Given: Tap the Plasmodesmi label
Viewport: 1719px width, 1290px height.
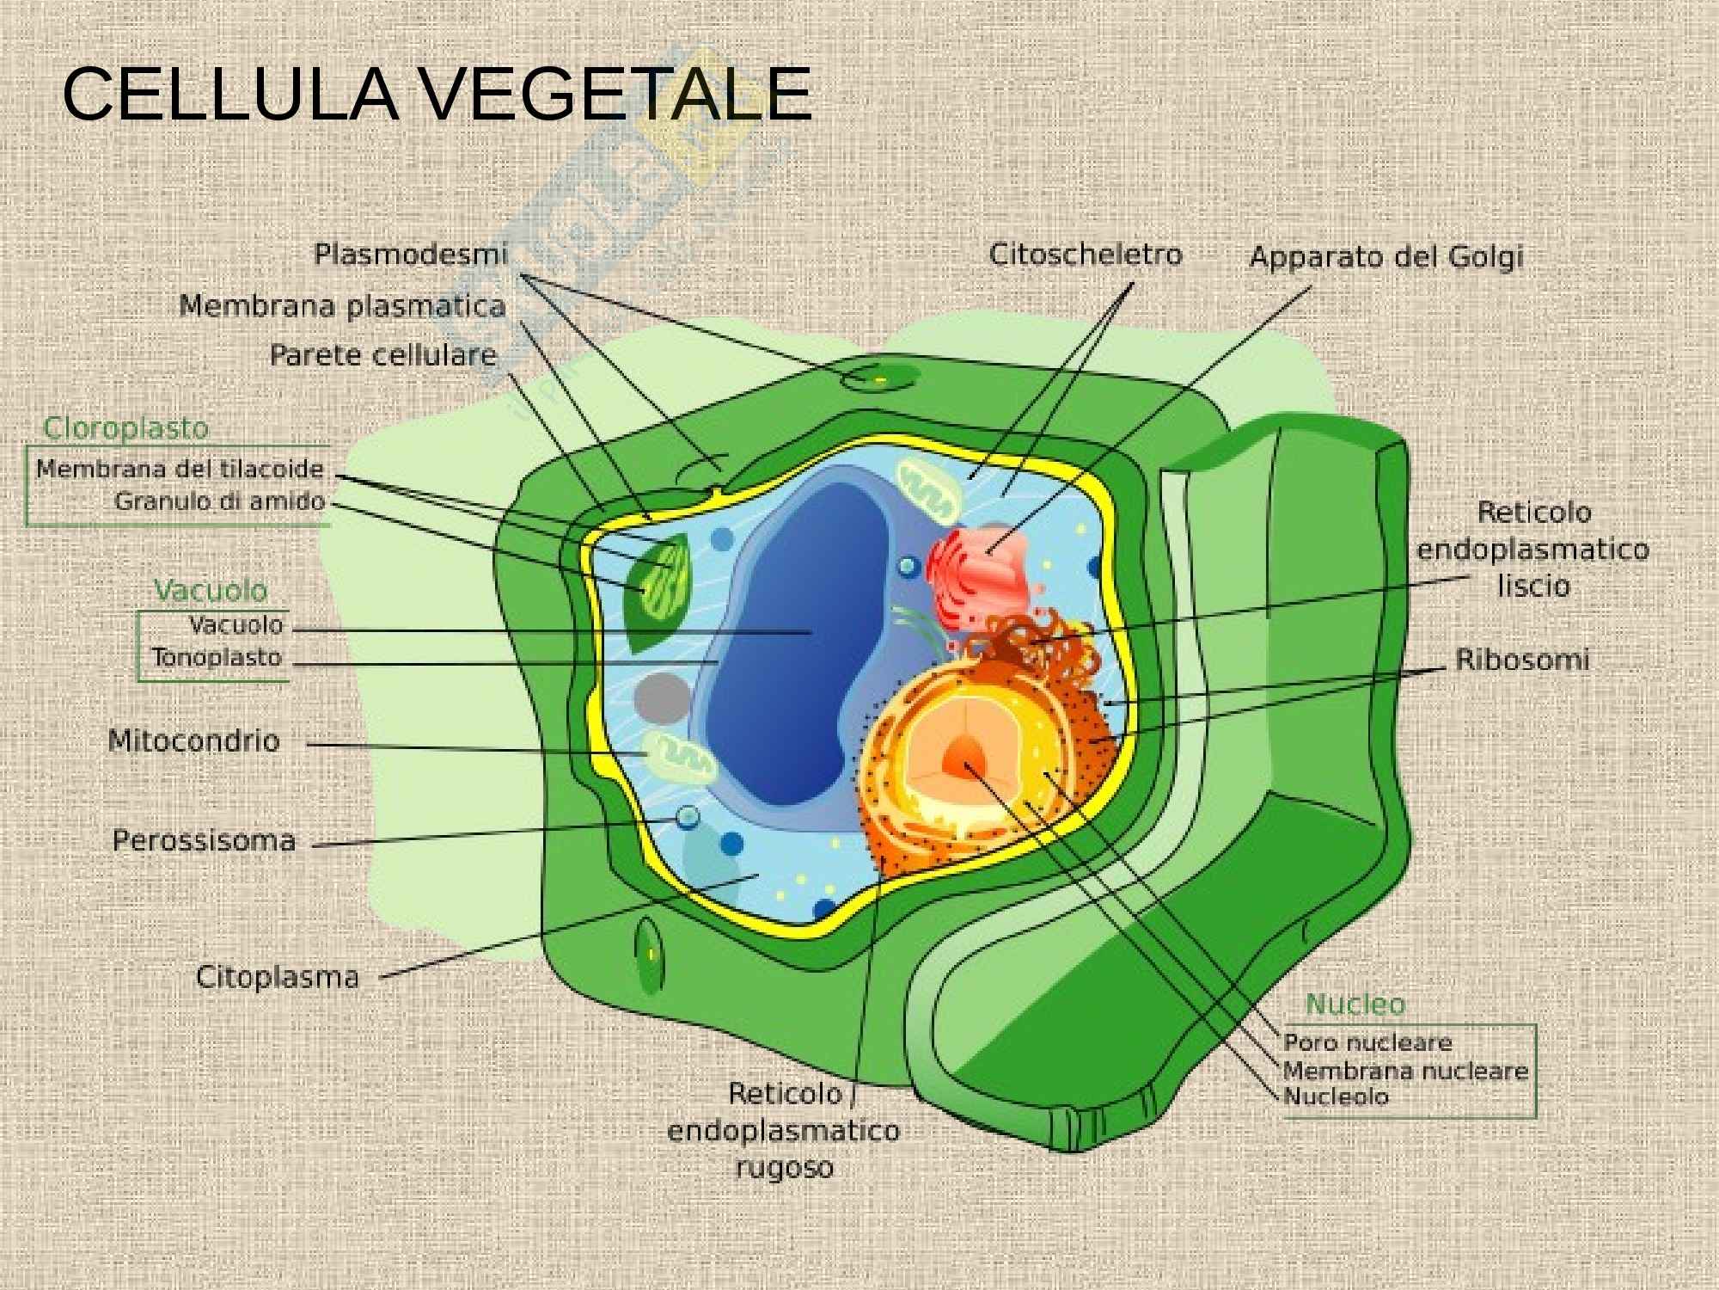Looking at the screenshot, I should tap(410, 255).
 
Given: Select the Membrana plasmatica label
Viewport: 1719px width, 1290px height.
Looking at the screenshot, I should tap(342, 307).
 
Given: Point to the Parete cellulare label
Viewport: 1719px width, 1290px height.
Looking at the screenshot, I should tap(383, 355).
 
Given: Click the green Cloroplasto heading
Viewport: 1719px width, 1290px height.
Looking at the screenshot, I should tap(125, 427).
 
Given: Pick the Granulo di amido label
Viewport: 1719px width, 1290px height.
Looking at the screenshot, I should tap(220, 501).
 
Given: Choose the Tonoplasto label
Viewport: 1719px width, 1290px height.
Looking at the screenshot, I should tap(217, 658).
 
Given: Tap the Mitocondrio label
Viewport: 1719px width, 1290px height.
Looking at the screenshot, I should tap(194, 740).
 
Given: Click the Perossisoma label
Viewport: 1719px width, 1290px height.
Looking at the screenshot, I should tap(205, 840).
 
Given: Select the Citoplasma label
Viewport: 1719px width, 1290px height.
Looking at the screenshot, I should tap(278, 977).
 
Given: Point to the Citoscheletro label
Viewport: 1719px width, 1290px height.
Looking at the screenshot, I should tap(1086, 255).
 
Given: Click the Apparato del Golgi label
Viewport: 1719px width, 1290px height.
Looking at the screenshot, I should tap(1386, 257).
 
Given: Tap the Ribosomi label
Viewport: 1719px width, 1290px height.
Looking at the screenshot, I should tap(1522, 660).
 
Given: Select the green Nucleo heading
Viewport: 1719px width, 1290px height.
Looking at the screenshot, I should tap(1355, 1004).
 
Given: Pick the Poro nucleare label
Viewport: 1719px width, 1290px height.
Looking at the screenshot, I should tap(1367, 1042).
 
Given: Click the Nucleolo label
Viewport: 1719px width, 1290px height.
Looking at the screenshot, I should tap(1336, 1096).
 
